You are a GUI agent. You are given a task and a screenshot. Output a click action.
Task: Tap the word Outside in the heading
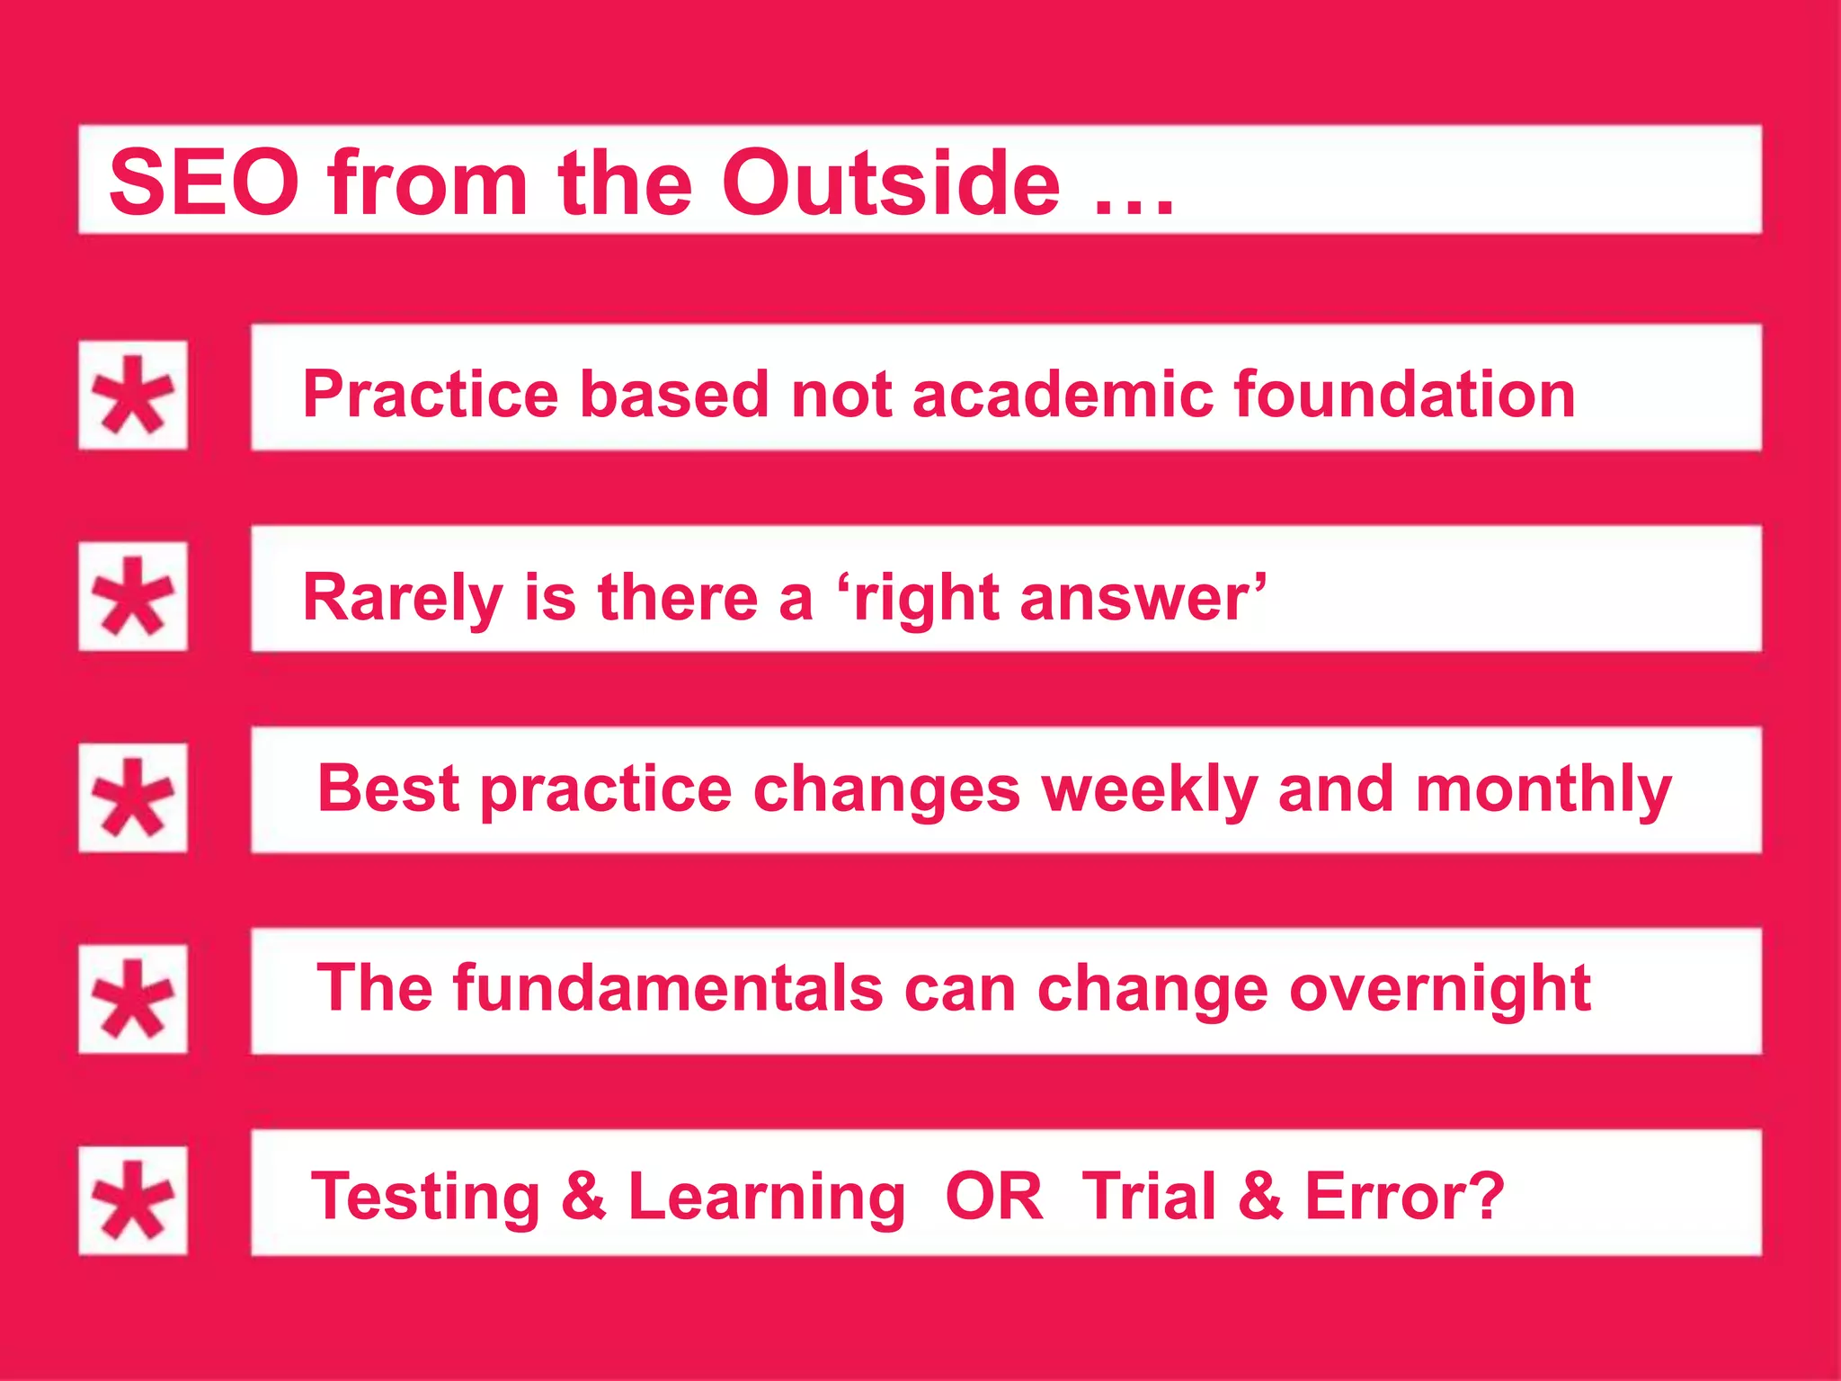tap(890, 183)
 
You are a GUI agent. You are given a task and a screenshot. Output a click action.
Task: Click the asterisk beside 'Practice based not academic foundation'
tap(133, 395)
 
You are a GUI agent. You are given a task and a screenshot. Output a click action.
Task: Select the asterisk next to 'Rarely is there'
tap(133, 596)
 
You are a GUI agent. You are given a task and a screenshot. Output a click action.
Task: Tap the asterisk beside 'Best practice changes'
tap(133, 797)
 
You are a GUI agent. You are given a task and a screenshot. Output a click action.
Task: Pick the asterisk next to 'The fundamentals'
tap(133, 999)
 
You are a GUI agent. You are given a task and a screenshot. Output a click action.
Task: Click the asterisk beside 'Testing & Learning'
tap(133, 1200)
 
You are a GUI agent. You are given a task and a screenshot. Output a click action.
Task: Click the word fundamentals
tap(668, 989)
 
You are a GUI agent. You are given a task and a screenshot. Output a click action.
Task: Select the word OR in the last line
tap(994, 1197)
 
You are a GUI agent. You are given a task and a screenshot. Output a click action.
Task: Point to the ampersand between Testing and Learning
tap(583, 1197)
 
